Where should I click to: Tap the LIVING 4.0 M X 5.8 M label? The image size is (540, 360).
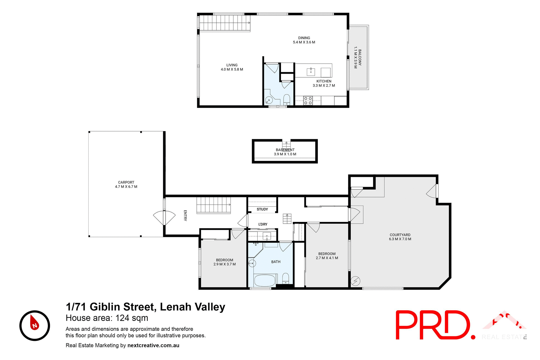pos(232,67)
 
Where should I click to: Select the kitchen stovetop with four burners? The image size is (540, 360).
pos(308,101)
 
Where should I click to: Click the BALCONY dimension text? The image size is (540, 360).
pos(357,58)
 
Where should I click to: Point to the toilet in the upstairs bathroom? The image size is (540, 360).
pos(287,100)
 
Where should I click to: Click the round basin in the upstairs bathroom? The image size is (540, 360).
pos(269,100)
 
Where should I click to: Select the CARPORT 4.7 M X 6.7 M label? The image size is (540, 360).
pos(126,184)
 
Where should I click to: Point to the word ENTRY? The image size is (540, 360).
pos(185,215)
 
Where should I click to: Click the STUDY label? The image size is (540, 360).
pos(262,209)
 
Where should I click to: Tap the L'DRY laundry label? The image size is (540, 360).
pos(263,224)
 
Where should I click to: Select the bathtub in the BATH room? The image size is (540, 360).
pos(265,280)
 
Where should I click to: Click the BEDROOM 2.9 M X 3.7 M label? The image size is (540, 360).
pos(224,262)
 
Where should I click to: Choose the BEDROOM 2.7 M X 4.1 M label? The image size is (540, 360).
pos(327,256)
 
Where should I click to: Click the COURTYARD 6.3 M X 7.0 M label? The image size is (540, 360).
pos(400,237)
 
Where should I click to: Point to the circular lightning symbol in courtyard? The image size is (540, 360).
pos(355,281)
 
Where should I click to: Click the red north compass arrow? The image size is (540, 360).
pos(35,323)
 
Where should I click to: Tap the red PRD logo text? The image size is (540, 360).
pos(433,325)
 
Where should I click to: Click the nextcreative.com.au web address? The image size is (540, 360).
pos(153,345)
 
